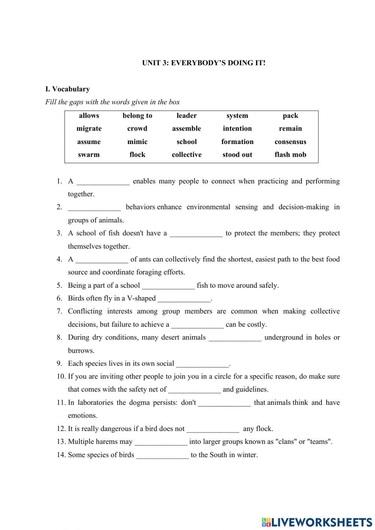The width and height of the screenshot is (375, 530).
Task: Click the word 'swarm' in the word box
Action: pos(89,155)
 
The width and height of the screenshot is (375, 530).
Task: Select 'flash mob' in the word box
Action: pos(290,155)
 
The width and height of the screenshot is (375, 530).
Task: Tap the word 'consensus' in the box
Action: pos(290,142)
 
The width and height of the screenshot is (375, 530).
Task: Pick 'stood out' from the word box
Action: pos(237,155)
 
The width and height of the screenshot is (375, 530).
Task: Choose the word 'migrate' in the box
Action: pos(89,129)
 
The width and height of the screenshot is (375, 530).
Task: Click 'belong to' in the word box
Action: pos(137,116)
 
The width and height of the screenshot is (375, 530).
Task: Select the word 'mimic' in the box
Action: pos(137,142)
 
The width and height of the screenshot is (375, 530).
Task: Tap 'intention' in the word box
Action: pos(237,129)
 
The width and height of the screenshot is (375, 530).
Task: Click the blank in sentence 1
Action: pos(103,182)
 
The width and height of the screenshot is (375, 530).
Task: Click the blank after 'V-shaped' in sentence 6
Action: pos(184,299)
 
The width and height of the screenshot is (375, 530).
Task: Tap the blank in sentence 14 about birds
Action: pos(162,455)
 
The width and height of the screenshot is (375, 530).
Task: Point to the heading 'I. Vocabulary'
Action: pos(67,89)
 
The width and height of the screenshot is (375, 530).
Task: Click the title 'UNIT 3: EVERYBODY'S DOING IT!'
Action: pos(204,63)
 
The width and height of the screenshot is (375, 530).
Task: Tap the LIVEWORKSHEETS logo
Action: pos(317,522)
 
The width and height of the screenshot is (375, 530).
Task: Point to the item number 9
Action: pos(59,363)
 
